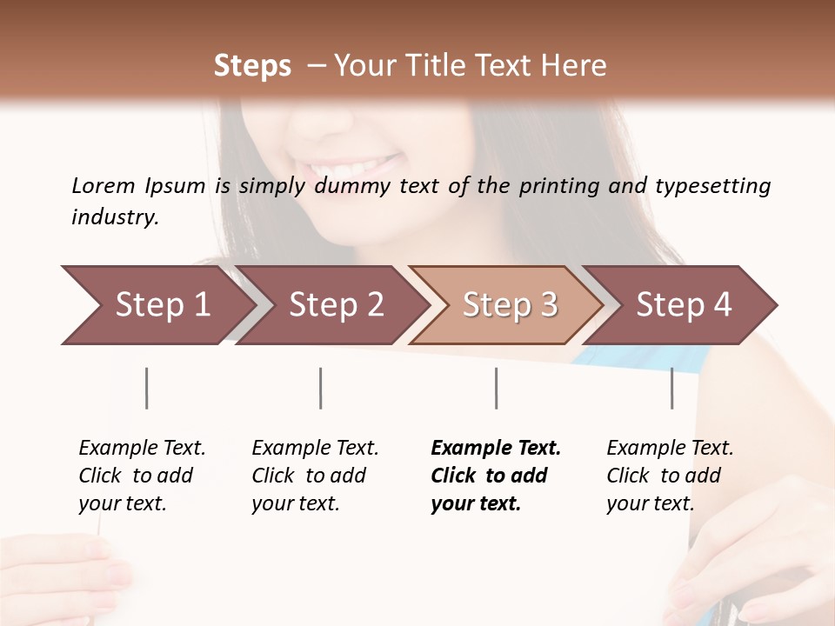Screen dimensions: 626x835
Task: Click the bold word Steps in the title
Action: (252, 66)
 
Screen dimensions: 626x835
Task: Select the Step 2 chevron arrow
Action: (335, 304)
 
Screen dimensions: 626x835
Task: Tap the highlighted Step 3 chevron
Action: (509, 304)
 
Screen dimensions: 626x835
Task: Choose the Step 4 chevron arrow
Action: (684, 304)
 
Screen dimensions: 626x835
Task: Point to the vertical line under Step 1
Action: (147, 388)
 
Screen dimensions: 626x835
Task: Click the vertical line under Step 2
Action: (321, 388)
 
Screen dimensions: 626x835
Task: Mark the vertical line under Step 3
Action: (496, 388)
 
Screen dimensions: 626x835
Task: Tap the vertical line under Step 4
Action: (671, 388)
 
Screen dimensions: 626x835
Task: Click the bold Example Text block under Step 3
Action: (496, 476)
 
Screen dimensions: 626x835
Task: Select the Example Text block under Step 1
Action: (142, 476)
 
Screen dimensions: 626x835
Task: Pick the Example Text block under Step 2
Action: (315, 476)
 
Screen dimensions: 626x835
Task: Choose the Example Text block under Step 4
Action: (670, 476)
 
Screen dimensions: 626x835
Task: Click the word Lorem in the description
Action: (104, 186)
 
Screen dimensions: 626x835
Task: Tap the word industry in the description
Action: (114, 217)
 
